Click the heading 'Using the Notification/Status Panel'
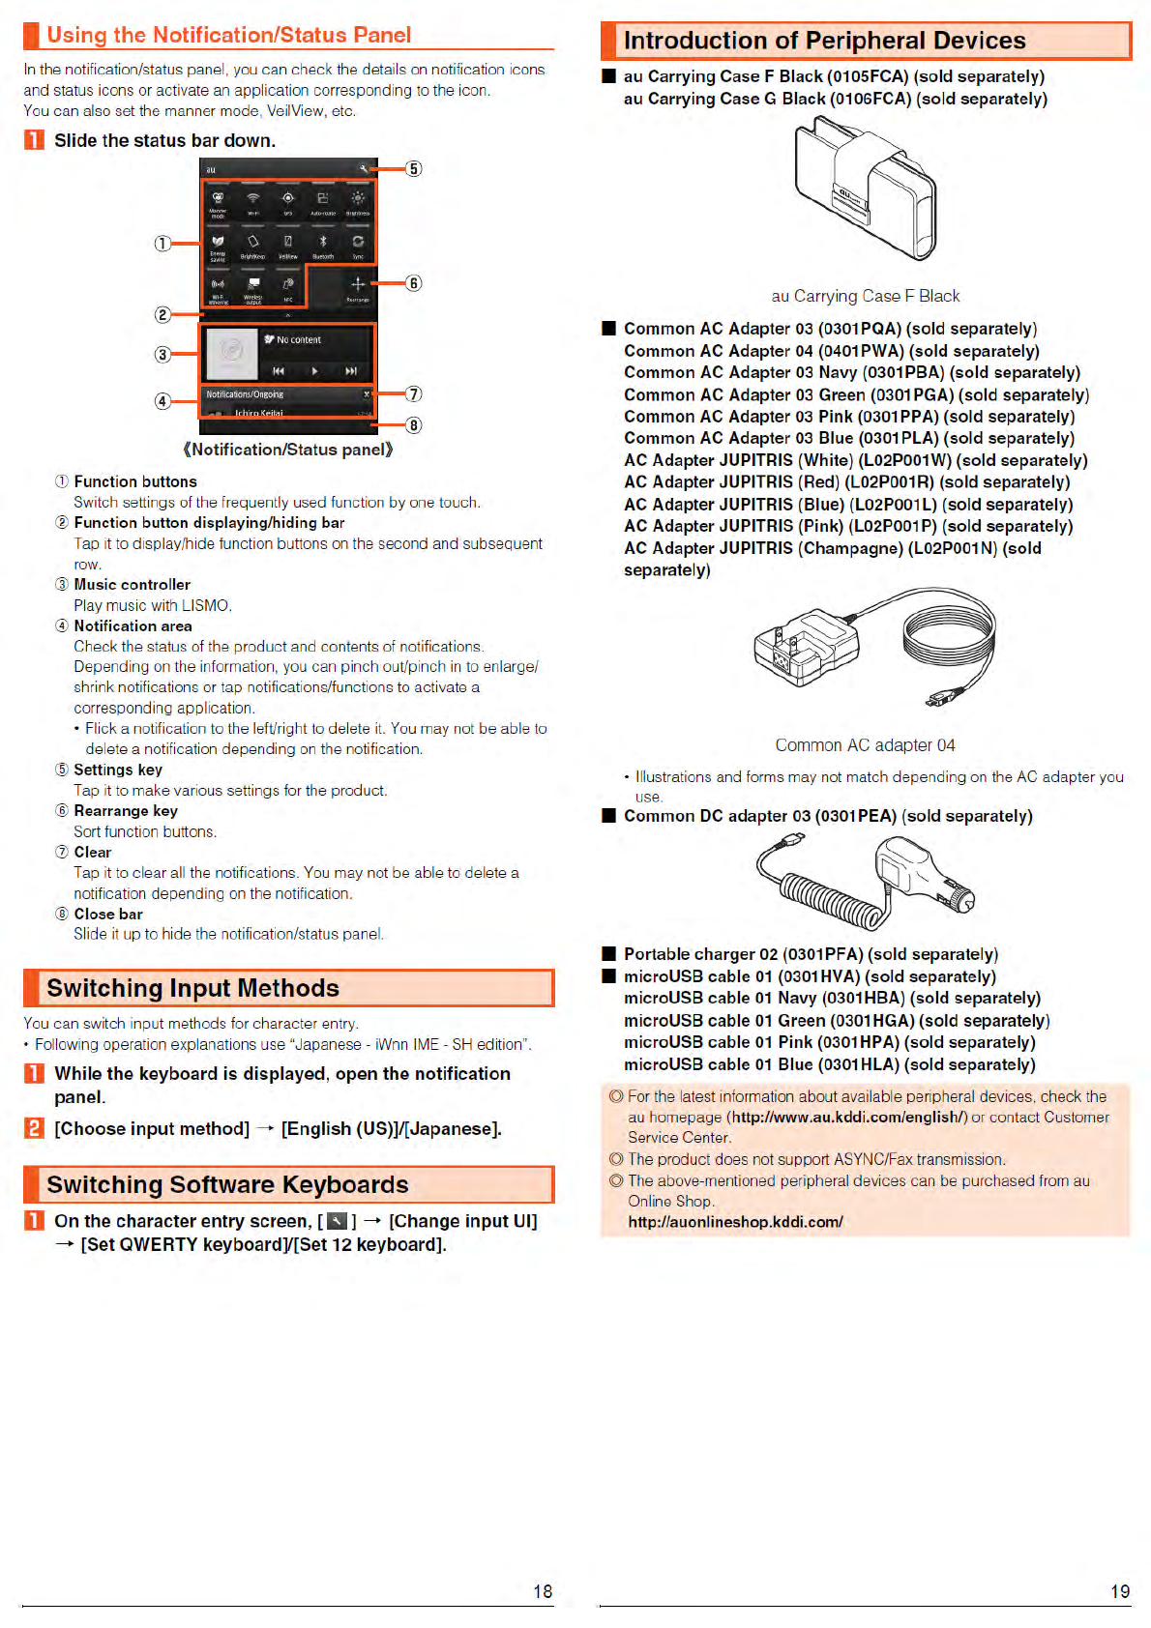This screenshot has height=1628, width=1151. [229, 36]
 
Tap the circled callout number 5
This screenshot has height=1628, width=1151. [414, 169]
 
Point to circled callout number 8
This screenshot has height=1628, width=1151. [414, 425]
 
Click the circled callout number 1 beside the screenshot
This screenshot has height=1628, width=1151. [162, 244]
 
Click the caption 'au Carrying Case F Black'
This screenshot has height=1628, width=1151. [865, 296]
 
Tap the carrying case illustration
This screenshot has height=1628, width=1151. [864, 189]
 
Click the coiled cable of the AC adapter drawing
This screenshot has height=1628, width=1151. [948, 633]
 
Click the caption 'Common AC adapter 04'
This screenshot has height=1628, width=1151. [865, 745]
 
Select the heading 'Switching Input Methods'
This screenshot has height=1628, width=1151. [192, 988]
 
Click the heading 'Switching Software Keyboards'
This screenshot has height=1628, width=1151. [227, 1185]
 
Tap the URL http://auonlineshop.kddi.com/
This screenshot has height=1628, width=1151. [735, 1222]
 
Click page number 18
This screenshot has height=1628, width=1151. [543, 1591]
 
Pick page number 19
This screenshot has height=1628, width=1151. [1120, 1591]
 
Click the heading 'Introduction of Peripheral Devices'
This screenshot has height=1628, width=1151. [824, 41]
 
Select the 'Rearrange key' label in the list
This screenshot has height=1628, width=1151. [126, 811]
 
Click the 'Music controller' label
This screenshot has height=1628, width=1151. [133, 585]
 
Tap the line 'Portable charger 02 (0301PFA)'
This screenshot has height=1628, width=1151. [811, 954]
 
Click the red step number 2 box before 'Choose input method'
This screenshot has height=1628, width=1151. [34, 1128]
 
